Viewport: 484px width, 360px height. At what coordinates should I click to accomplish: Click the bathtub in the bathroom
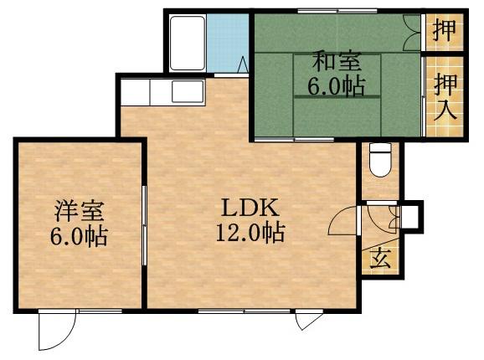[188, 43]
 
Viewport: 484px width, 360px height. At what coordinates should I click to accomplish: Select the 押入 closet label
[445, 97]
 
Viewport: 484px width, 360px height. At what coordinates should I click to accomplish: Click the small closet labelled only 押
[444, 31]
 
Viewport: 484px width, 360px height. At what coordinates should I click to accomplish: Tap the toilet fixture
[379, 159]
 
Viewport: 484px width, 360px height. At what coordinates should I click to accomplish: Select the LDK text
[244, 208]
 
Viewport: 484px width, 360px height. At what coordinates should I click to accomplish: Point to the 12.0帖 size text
[248, 232]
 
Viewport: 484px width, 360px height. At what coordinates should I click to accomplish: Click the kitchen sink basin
[187, 91]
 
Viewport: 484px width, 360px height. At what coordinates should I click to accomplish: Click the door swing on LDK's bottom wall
[308, 321]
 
